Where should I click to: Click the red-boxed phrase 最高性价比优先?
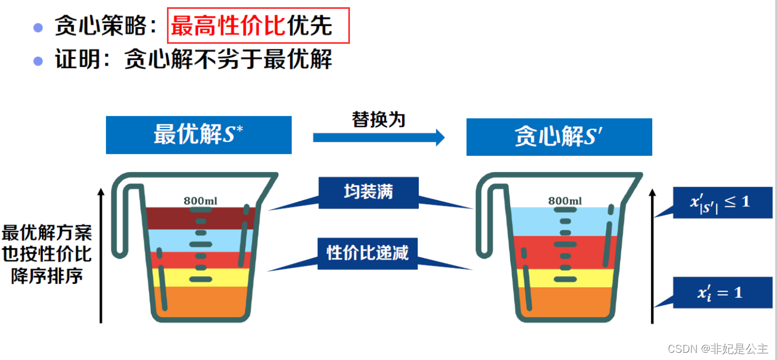click(258, 26)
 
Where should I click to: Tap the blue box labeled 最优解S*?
click(199, 135)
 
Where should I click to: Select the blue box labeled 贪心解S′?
click(559, 137)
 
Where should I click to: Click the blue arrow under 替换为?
click(379, 137)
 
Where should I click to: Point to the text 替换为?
click(379, 119)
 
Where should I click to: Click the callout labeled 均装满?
click(368, 192)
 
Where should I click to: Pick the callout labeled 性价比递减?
click(368, 253)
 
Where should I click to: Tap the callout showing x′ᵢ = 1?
click(722, 292)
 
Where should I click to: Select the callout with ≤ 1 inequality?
click(722, 202)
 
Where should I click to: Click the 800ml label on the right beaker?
click(565, 201)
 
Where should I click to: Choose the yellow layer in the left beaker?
click(177, 277)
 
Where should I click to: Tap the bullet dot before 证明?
click(38, 60)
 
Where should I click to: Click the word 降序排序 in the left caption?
click(47, 276)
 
